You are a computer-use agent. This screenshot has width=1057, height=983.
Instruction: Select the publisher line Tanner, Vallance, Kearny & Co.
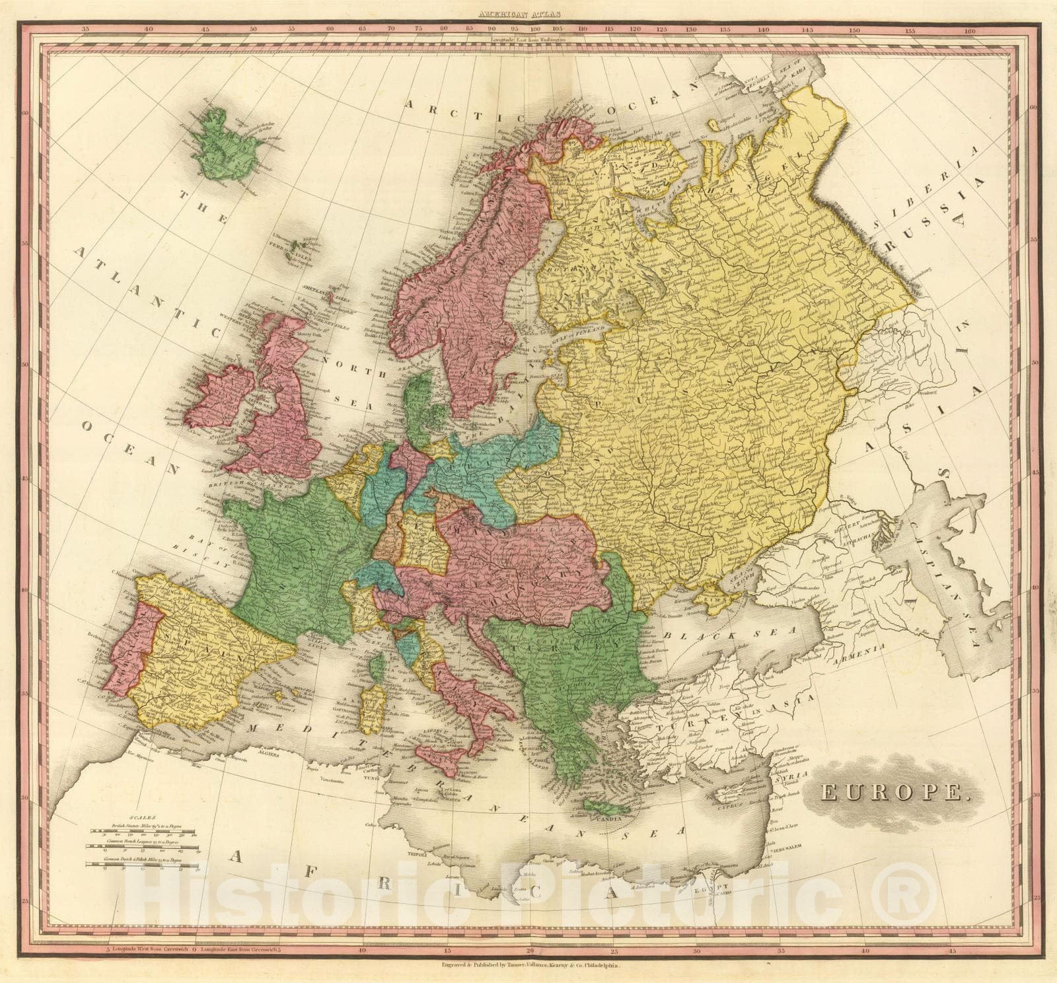click(536, 964)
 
